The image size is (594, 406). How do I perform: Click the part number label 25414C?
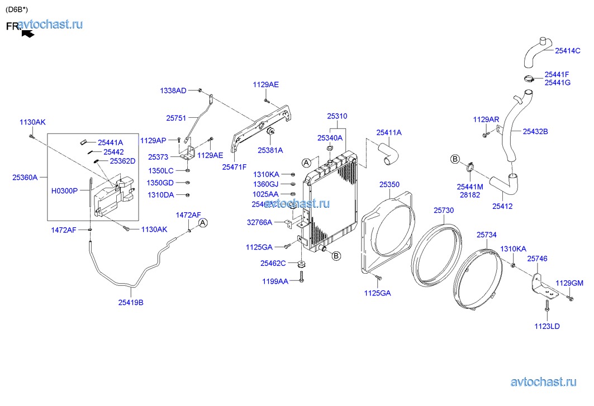tap(568, 50)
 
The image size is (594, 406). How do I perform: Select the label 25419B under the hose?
tap(131, 303)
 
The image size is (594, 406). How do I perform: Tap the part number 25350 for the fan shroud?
tap(389, 184)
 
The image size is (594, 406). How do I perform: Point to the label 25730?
tap(444, 211)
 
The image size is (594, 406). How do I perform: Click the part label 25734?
tap(486, 235)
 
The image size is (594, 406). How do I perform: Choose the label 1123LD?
tap(547, 326)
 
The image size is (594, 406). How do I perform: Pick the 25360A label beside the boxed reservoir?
tap(25, 178)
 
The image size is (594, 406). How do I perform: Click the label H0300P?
tap(65, 190)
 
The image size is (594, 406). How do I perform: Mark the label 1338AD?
tap(173, 90)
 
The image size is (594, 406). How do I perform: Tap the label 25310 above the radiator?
tap(337, 116)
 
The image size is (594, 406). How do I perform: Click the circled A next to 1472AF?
tap(203, 223)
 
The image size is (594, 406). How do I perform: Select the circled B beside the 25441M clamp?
tap(455, 159)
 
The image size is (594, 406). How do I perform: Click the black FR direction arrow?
tap(27, 34)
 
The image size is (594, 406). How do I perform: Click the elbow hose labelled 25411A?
tap(387, 152)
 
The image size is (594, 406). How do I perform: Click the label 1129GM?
tap(569, 283)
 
